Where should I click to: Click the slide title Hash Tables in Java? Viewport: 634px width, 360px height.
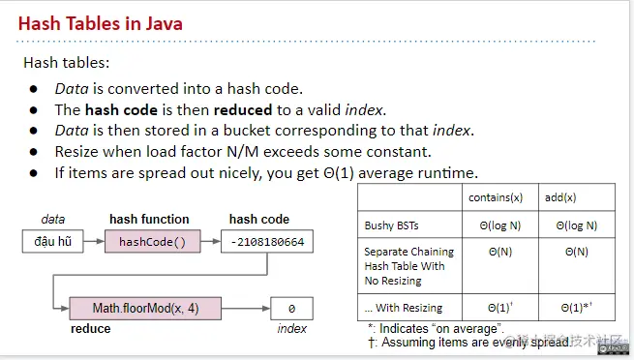101,22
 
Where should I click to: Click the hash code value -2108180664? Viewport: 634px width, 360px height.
266,241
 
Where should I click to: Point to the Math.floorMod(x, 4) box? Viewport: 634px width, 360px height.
144,309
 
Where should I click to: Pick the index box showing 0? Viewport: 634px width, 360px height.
291,309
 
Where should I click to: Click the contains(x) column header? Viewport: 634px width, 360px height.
494,197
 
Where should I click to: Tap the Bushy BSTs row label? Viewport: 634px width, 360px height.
392,225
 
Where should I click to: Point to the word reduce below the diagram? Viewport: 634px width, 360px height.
92,329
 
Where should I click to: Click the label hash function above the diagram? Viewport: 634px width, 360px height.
149,220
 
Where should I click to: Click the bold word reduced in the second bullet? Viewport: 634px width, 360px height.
244,109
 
